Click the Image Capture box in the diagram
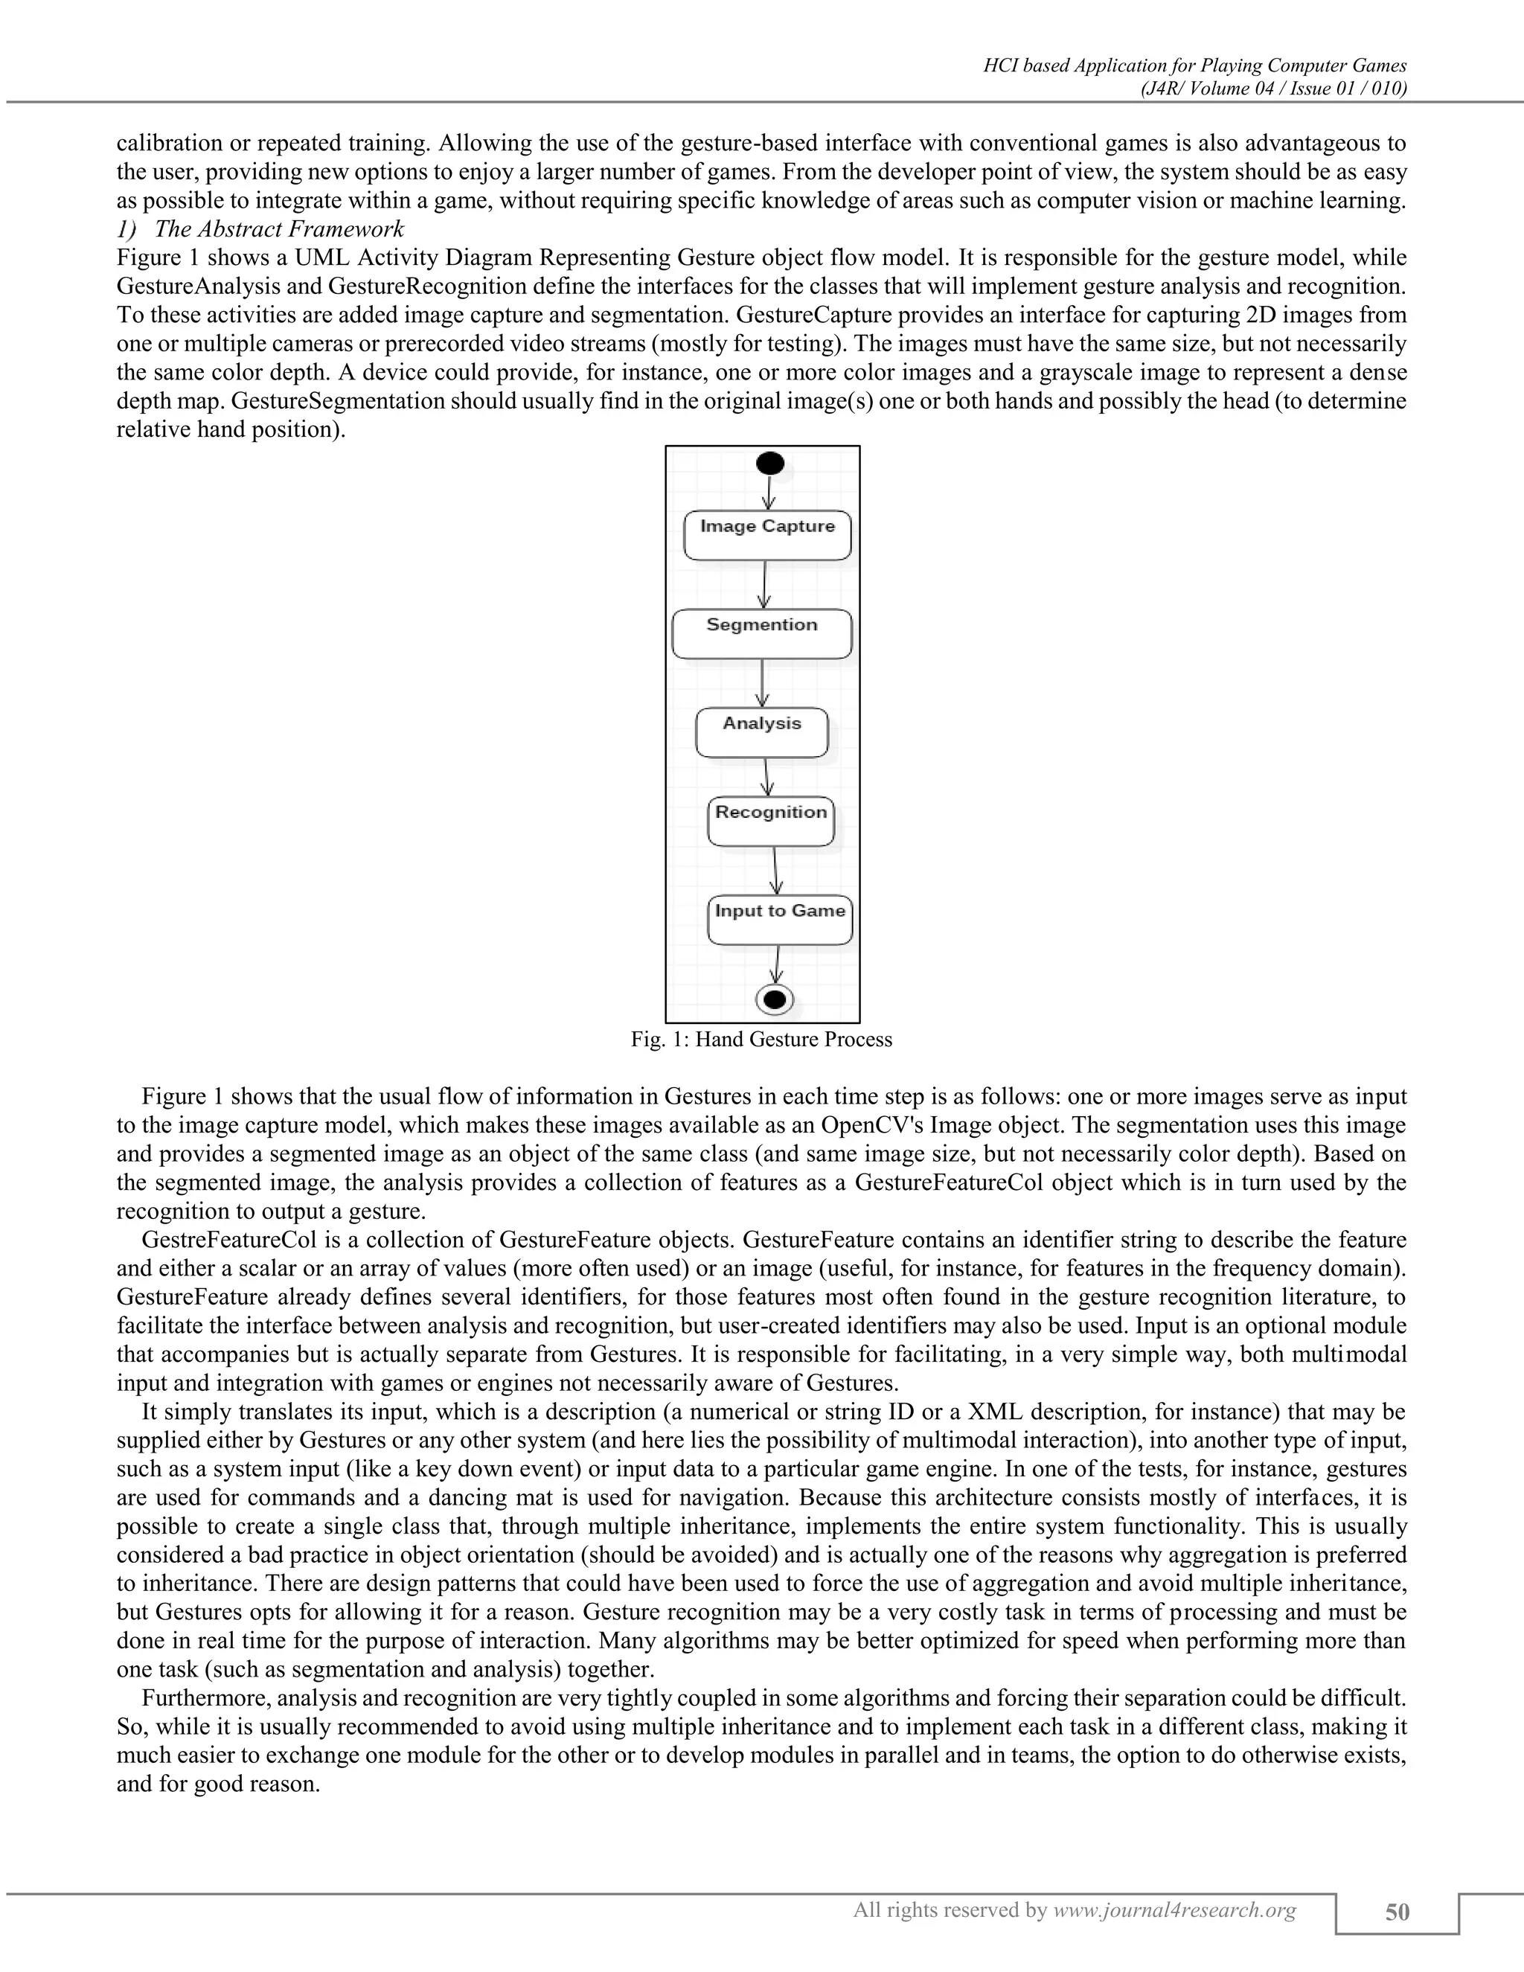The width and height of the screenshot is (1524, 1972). click(x=767, y=536)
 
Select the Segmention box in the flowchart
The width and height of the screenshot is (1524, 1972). click(x=762, y=634)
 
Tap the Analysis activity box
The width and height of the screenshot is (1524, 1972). click(x=762, y=732)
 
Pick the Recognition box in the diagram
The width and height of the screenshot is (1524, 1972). click(x=771, y=821)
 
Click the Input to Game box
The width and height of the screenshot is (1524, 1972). click(x=780, y=919)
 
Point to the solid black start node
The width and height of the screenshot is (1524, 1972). click(x=770, y=464)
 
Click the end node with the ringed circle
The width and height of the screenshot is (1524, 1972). click(x=774, y=999)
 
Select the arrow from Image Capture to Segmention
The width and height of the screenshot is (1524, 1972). click(x=765, y=584)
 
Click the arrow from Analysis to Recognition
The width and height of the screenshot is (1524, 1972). click(x=767, y=776)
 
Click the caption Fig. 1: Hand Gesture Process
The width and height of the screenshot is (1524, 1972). click(x=761, y=1040)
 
